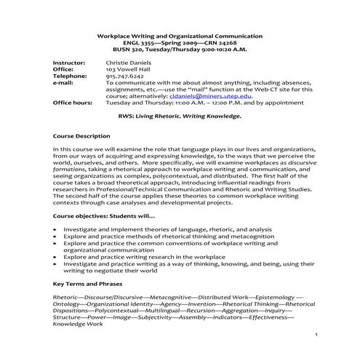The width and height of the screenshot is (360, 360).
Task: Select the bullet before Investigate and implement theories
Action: click(x=56, y=229)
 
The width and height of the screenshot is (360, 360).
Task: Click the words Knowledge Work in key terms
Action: click(x=78, y=323)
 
